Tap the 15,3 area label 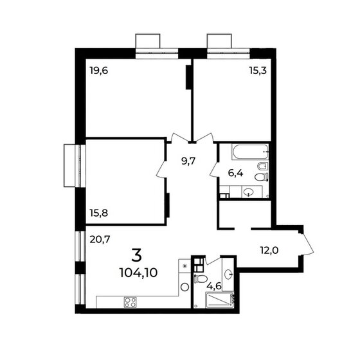coord(258,71)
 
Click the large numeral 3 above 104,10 coord(138,253)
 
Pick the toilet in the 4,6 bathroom coord(201,280)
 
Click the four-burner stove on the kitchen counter coord(130,301)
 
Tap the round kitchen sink coord(184,287)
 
